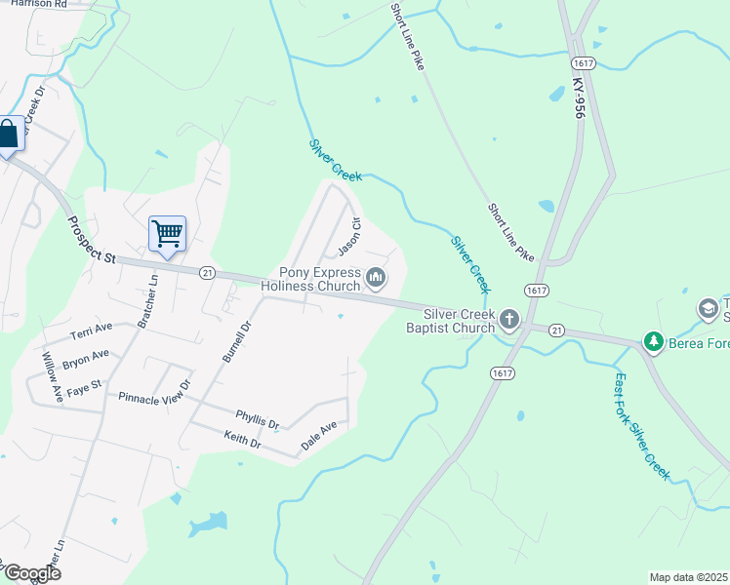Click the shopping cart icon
pyautogui.click(x=167, y=234)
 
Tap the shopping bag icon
pyautogui.click(x=8, y=135)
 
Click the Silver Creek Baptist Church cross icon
pyautogui.click(x=508, y=319)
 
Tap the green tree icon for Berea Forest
pyautogui.click(x=653, y=341)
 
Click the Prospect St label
pyautogui.click(x=91, y=238)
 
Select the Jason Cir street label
pyautogui.click(x=349, y=233)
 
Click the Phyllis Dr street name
pyautogui.click(x=258, y=418)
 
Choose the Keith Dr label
pyautogui.click(x=242, y=440)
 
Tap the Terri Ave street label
pyautogui.click(x=92, y=331)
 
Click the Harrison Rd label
pyautogui.click(x=39, y=5)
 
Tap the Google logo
pyautogui.click(x=31, y=573)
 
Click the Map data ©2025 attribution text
pyautogui.click(x=688, y=577)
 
